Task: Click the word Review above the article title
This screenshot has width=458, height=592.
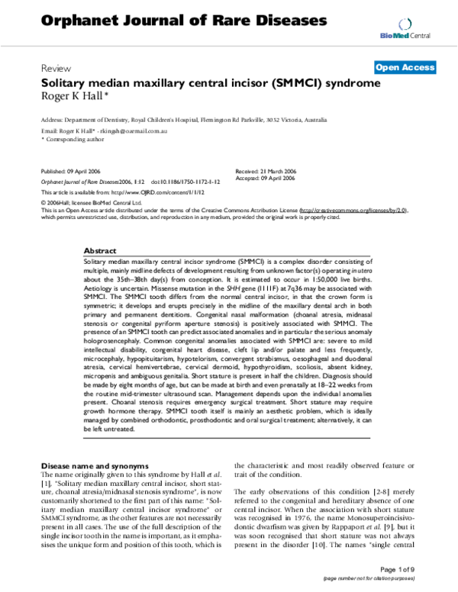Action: [53, 67]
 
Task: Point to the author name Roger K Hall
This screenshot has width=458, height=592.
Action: [74, 96]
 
